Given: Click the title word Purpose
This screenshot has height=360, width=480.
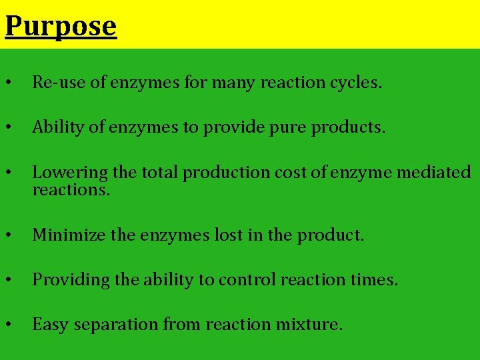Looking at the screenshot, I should coord(61,27).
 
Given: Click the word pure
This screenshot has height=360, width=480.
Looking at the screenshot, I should coord(285,127).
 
